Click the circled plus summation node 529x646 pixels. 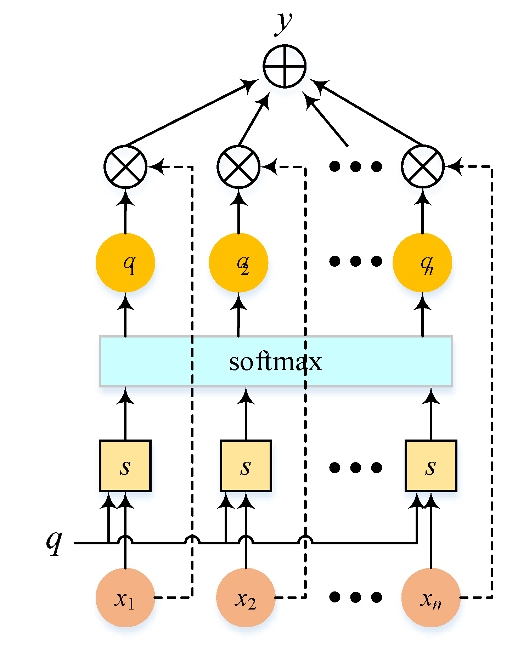[x=285, y=66]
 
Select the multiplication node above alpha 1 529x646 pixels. [x=125, y=166]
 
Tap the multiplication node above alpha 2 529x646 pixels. [x=238, y=166]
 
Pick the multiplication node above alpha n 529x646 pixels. [x=423, y=166]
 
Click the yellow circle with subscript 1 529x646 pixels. [x=125, y=262]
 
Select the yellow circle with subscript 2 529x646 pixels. [x=238, y=262]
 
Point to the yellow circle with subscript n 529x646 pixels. [x=422, y=262]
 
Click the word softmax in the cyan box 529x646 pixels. [x=275, y=362]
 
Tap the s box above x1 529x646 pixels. [x=125, y=466]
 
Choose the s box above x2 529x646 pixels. [x=246, y=466]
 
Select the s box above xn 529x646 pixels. [x=431, y=466]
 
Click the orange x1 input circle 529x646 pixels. [x=125, y=597]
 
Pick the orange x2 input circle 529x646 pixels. [x=246, y=597]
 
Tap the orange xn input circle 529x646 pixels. [x=431, y=597]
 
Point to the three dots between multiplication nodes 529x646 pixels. [x=355, y=166]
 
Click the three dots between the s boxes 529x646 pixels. [x=355, y=467]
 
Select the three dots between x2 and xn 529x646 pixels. [x=355, y=597]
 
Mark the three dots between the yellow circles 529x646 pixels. [x=355, y=261]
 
